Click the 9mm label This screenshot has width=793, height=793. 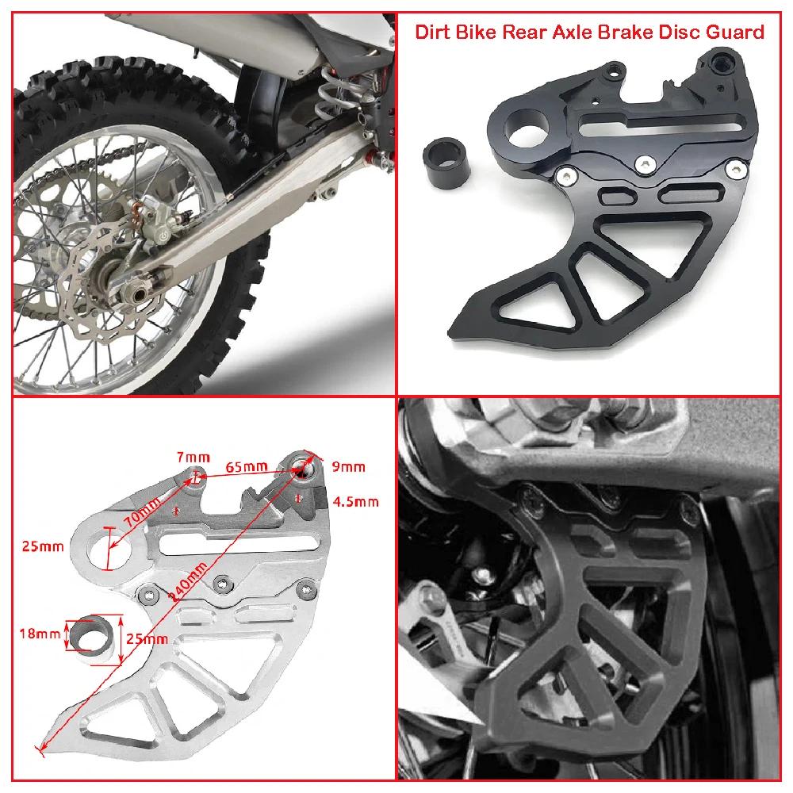348,466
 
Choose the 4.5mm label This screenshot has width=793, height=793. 356,501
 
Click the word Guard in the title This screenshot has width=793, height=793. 736,32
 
